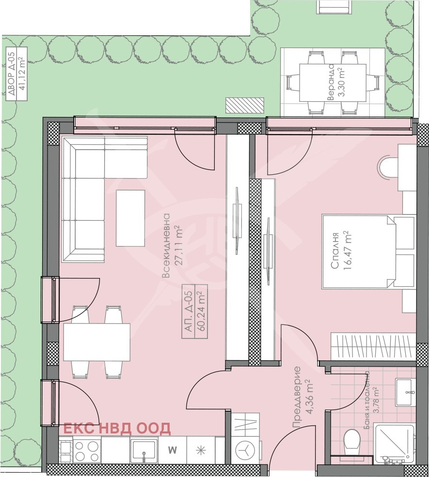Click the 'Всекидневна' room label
point(166,246)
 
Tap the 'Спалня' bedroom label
point(334,251)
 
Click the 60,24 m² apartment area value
point(200,312)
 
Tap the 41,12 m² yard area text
point(21,74)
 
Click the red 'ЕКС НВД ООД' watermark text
point(117,429)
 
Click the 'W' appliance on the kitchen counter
point(173,449)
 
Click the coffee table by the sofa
point(130,218)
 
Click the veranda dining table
point(333,83)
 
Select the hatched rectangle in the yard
point(244,105)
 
